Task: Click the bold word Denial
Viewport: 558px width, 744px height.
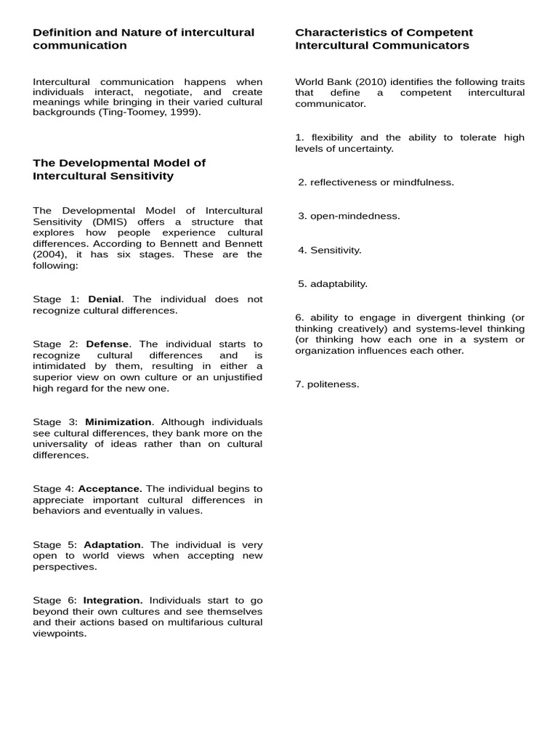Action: point(105,299)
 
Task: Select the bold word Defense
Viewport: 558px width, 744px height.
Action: point(107,344)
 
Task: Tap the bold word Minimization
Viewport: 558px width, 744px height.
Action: point(118,422)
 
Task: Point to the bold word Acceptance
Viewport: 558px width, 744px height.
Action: point(110,489)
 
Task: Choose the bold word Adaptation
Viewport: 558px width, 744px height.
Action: point(113,545)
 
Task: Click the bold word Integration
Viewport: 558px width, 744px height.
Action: point(113,601)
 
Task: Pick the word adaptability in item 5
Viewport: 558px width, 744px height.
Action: point(339,284)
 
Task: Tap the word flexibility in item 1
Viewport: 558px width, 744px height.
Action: point(332,138)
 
